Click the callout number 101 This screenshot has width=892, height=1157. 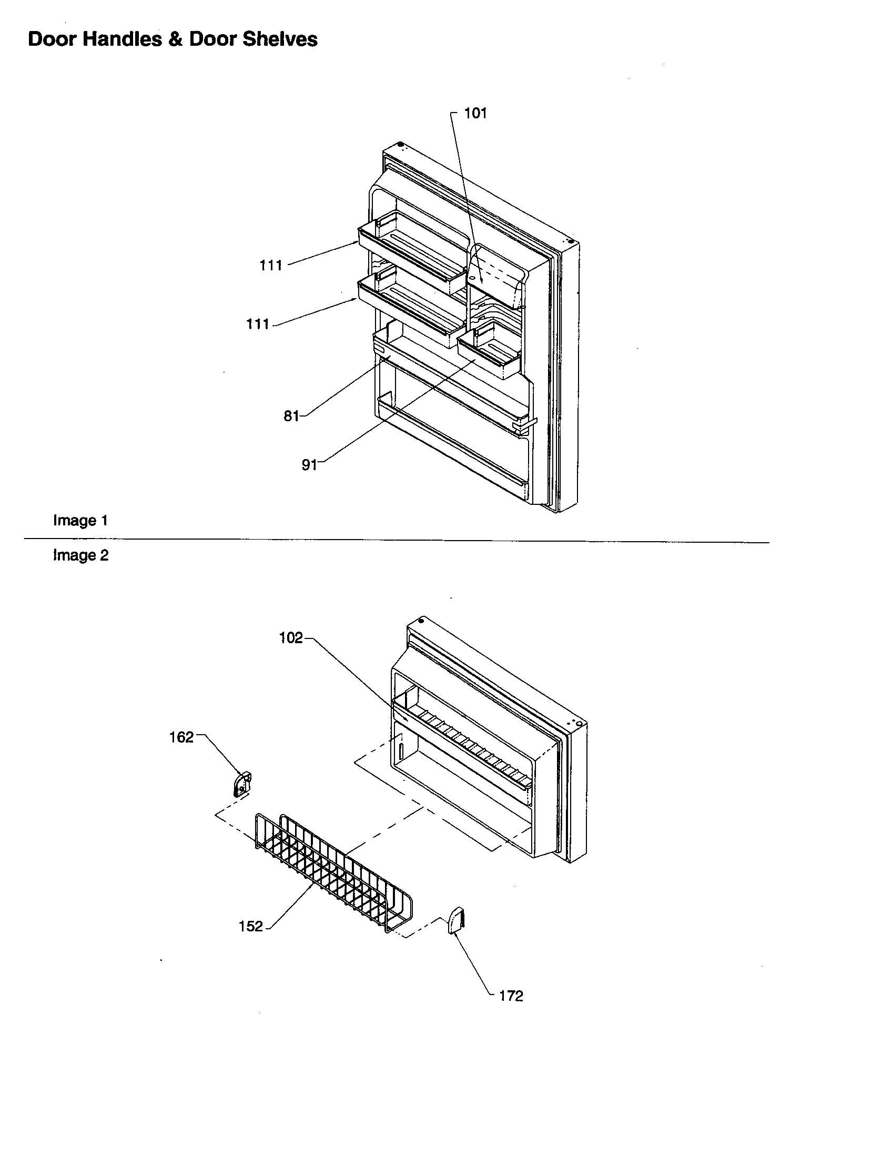(x=475, y=114)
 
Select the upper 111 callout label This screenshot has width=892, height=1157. (x=271, y=266)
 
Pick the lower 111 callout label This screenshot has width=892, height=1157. (x=258, y=323)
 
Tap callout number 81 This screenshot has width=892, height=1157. (x=291, y=416)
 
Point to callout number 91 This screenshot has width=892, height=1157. (x=309, y=464)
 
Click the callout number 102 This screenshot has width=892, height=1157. (x=291, y=638)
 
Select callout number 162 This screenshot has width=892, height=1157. (x=181, y=737)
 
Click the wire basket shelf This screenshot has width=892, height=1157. (x=333, y=869)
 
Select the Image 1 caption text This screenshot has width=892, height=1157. (x=80, y=520)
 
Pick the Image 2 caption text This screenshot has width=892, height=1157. (x=80, y=555)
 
